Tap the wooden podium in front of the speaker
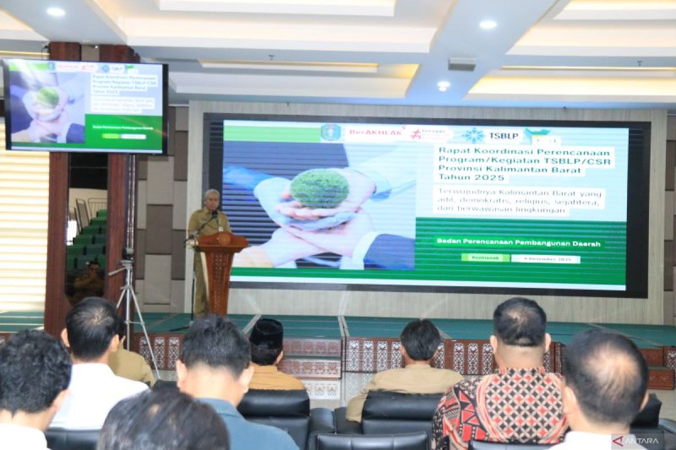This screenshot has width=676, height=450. coord(220,264)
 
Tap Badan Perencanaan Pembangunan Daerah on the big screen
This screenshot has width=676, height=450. coord(518,242)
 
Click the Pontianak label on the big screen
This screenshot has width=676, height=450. coord(484,258)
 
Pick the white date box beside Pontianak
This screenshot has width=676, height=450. coord(545,259)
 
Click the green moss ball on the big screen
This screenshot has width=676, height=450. coord(319,188)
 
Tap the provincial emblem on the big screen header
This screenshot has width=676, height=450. coord(331,133)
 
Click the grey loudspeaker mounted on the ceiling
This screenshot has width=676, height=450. coord(462,64)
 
